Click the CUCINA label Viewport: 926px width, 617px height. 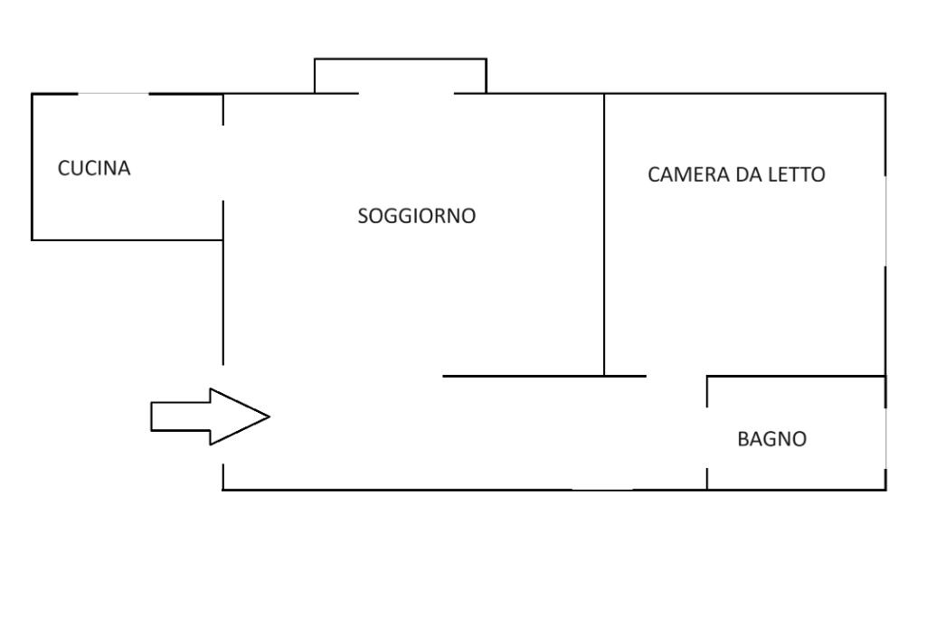pyautogui.click(x=94, y=169)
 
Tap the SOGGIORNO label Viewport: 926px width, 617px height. pyautogui.click(x=416, y=217)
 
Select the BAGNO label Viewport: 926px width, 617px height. pyautogui.click(x=771, y=440)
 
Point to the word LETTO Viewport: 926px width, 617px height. pyautogui.click(x=796, y=175)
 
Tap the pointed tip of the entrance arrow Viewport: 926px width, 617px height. pyautogui.click(x=269, y=416)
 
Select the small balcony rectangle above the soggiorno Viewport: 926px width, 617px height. pyautogui.click(x=400, y=76)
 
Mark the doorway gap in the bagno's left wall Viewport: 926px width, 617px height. pyautogui.click(x=707, y=435)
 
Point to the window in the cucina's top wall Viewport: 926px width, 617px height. pyautogui.click(x=113, y=94)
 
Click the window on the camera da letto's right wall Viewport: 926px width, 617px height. pyautogui.click(x=885, y=220)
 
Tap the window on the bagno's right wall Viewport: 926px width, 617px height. pyautogui.click(x=885, y=437)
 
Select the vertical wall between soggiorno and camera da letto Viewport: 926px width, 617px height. pyautogui.click(x=604, y=235)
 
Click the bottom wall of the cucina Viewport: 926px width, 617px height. pyautogui.click(x=127, y=239)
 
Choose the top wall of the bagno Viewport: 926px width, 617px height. pyautogui.click(x=796, y=376)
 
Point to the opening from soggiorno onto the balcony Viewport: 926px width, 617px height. pyautogui.click(x=406, y=93)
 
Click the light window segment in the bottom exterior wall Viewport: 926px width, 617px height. pyautogui.click(x=602, y=490)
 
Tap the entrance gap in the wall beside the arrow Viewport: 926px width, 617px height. pyautogui.click(x=223, y=414)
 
